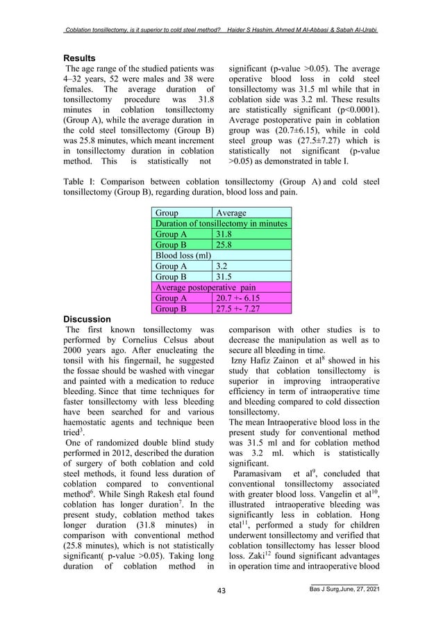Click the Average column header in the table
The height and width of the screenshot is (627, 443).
pyautogui.click(x=231, y=213)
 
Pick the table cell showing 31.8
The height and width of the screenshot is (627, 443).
pyautogui.click(x=225, y=234)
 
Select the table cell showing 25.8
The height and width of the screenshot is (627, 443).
pyautogui.click(x=225, y=245)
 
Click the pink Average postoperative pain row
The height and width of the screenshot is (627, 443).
pyautogui.click(x=201, y=287)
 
